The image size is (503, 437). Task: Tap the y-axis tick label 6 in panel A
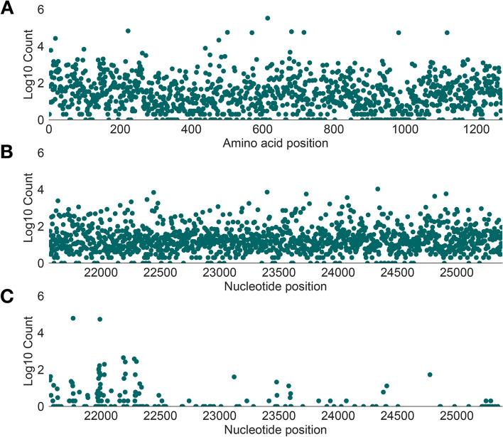pos(40,10)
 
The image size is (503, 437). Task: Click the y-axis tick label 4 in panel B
pos(40,190)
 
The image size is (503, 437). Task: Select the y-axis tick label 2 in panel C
pos(40,369)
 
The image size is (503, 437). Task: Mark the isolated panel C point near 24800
pos(430,374)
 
